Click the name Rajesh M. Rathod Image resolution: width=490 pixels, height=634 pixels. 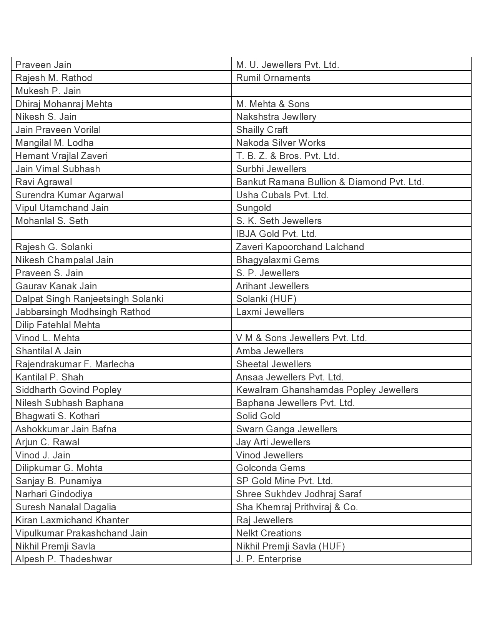tap(54, 78)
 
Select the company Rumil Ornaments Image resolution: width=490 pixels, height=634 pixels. tap(273, 78)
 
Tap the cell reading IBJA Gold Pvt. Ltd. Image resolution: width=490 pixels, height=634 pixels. tap(276, 234)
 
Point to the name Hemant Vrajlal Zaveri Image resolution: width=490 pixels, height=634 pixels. tap(61, 156)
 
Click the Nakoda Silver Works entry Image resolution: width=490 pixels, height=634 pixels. tap(281, 143)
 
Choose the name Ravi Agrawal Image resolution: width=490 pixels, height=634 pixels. tap(44, 182)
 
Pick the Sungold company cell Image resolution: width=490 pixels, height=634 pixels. tap(254, 208)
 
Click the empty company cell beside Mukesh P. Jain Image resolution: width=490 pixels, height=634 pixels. tap(351, 91)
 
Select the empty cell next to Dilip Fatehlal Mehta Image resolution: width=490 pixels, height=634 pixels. tap(351, 325)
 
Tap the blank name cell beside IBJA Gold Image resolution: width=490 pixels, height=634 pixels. tap(121, 234)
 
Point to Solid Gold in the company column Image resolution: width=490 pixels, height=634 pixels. tap(258, 416)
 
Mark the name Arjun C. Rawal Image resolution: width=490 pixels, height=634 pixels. tap(48, 442)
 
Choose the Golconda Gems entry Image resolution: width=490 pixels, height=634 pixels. tap(271, 468)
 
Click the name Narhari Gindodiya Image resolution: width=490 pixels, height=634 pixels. tap(54, 494)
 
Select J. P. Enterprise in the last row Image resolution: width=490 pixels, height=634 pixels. tap(269, 559)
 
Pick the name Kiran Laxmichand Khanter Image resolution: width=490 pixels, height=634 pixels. tap(72, 520)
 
